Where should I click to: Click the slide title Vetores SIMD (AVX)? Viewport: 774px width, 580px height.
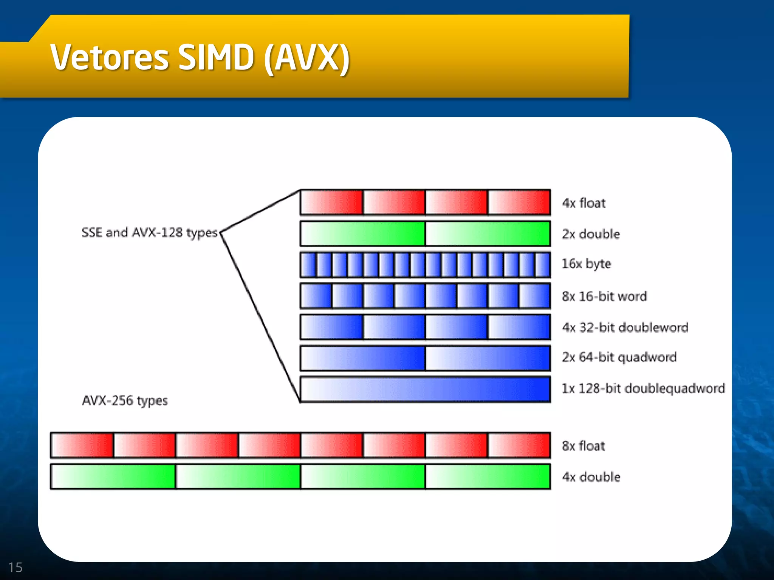(x=200, y=57)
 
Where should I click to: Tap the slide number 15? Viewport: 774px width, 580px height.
(x=15, y=567)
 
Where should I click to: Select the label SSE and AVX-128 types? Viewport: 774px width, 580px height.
(x=150, y=232)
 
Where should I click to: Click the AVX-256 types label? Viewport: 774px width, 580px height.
(x=125, y=400)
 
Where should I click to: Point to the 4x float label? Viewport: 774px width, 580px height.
(x=584, y=203)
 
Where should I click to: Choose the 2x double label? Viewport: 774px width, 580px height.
(x=591, y=234)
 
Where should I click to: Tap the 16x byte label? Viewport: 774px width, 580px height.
(x=586, y=264)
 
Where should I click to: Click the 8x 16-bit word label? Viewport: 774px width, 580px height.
(x=604, y=296)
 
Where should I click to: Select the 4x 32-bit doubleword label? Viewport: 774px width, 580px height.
(x=625, y=327)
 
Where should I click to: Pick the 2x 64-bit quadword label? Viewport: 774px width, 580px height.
(x=619, y=357)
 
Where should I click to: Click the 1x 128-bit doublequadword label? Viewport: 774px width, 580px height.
(x=643, y=388)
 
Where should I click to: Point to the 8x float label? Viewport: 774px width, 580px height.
(x=584, y=446)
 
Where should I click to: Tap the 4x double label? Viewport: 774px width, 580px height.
(x=591, y=477)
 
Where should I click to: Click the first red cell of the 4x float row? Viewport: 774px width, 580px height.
(x=332, y=203)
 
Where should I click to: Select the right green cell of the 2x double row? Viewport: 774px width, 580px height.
(x=488, y=234)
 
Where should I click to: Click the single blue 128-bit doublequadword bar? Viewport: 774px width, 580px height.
(x=425, y=389)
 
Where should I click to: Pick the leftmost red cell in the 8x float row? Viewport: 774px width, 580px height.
(x=82, y=446)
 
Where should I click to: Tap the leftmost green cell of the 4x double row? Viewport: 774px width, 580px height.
(x=113, y=477)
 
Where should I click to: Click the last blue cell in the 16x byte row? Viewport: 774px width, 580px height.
(x=542, y=265)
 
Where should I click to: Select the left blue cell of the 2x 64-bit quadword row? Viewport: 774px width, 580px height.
(x=363, y=358)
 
